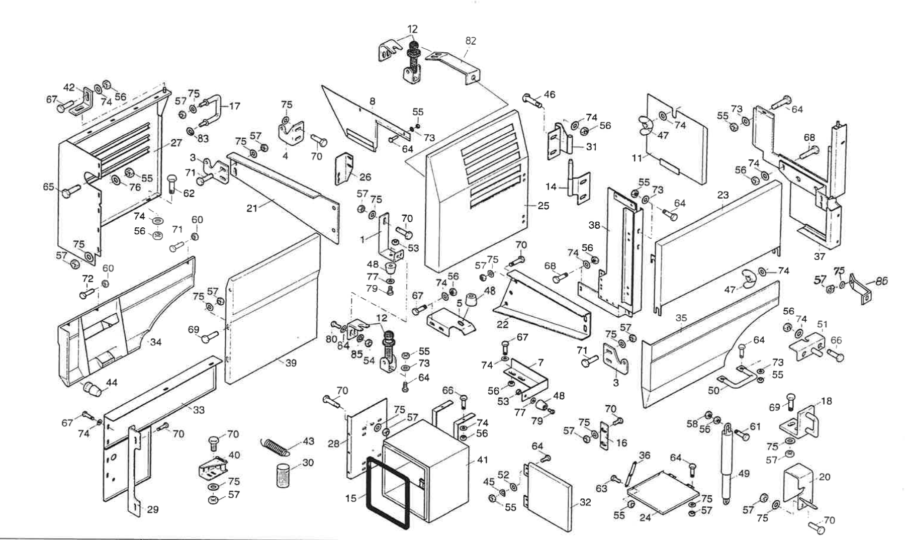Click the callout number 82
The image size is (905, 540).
click(x=471, y=41)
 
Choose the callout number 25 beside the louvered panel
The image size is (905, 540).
click(x=543, y=206)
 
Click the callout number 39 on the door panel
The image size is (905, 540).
click(x=291, y=363)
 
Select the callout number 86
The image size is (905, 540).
click(x=881, y=281)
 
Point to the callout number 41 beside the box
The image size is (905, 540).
click(x=483, y=460)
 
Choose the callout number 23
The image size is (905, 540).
click(x=722, y=195)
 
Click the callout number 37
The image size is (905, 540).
click(x=820, y=256)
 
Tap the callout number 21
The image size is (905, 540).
click(x=252, y=208)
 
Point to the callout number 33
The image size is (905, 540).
click(x=199, y=410)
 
